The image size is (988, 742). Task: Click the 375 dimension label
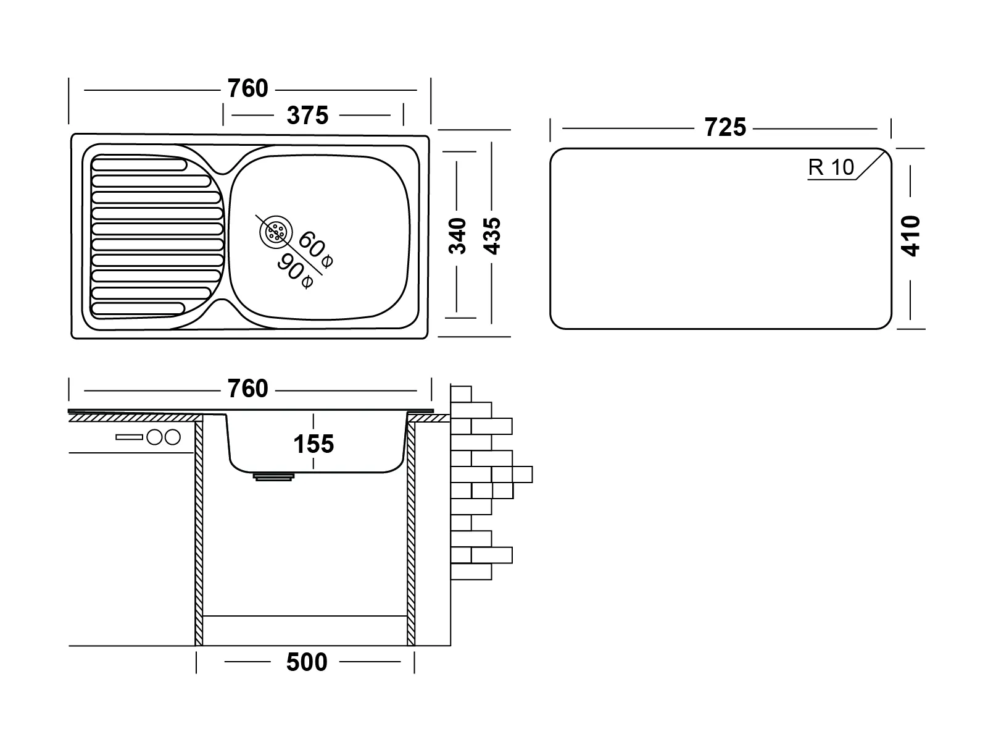point(307,116)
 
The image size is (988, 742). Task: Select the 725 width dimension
point(725,128)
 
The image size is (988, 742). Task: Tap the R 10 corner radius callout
point(832,167)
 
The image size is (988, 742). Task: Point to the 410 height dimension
point(911,236)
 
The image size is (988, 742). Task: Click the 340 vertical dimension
point(457,236)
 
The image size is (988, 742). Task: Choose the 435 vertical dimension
point(492,236)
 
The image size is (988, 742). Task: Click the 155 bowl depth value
point(313,444)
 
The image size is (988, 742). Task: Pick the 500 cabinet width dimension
point(307,662)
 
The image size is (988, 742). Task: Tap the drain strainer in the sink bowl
point(275,232)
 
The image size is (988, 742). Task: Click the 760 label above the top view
point(248,89)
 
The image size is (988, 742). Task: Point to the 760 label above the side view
point(248,389)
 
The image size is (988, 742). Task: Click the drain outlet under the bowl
point(273,476)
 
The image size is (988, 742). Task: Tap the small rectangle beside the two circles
point(129,437)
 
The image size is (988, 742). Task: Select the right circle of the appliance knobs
point(172,437)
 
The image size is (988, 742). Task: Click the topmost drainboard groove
point(139,166)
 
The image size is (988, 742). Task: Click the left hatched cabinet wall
point(199,531)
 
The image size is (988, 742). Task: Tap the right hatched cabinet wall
point(411,531)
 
